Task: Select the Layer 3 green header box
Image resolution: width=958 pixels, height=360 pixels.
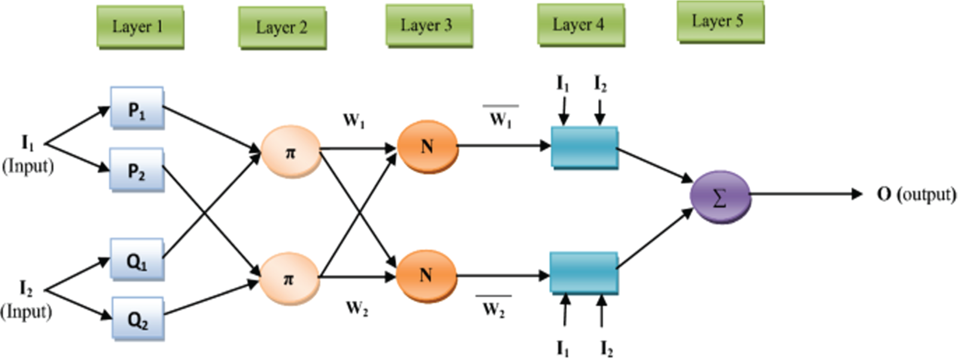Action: pos(429,26)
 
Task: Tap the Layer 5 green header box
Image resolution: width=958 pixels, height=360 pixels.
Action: pos(721,22)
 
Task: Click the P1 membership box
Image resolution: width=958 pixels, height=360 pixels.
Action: pos(137,108)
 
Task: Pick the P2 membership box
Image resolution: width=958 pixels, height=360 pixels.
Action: pos(137,170)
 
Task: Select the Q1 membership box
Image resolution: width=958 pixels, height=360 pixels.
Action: pos(137,259)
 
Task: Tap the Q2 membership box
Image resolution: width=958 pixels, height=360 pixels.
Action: pos(138,319)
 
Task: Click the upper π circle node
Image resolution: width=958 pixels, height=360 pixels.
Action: pos(291,152)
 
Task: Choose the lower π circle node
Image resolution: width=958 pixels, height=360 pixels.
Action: pos(290,279)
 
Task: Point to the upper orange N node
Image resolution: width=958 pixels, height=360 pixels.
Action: pos(428,147)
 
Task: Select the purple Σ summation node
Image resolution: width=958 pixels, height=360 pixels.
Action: pos(721,197)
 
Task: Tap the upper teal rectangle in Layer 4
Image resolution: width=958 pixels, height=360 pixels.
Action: pos(584,148)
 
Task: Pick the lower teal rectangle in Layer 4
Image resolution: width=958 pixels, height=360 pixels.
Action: pos(584,274)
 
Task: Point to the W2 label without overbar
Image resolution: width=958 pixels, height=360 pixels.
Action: pos(357,308)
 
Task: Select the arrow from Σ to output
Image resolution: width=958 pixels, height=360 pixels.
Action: pos(807,194)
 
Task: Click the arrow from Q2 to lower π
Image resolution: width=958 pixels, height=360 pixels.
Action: pos(212,298)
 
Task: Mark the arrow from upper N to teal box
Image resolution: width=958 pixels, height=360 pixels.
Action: pos(504,146)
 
